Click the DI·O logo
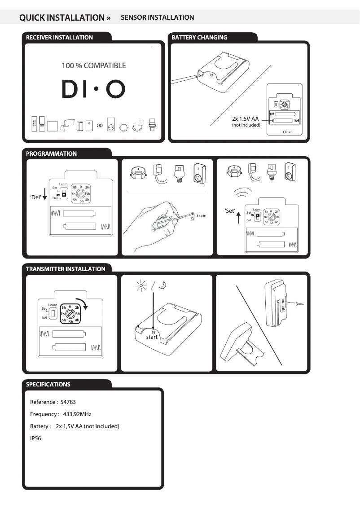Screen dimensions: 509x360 pos(93,90)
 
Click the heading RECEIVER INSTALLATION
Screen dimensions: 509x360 pos(59,38)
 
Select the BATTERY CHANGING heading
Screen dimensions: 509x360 pos(199,38)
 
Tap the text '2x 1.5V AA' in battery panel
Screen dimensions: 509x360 pos(245,119)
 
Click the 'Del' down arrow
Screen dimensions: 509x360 pos(44,198)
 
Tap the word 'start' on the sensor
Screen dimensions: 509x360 pos(152,337)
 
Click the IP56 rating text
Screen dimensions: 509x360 pos(35,439)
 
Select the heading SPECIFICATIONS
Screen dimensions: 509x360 pos(48,385)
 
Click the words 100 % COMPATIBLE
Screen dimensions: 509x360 pos(93,66)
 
